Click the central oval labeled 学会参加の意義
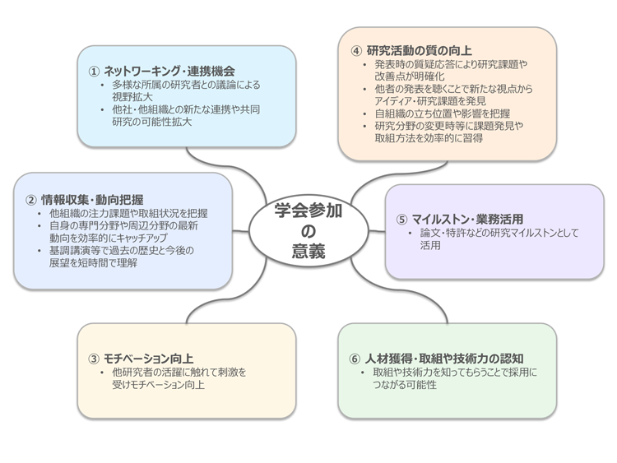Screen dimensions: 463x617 point(308,231)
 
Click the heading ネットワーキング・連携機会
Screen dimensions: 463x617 point(169,71)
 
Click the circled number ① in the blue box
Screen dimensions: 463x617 point(95,71)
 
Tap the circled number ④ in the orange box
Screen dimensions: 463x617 point(356,50)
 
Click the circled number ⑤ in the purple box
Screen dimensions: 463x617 point(401,219)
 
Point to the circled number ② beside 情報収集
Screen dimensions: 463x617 point(31,198)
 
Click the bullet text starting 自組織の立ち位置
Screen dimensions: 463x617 point(442,113)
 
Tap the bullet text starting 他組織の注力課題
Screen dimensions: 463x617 point(128,212)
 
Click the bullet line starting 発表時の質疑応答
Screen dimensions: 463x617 point(451,64)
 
